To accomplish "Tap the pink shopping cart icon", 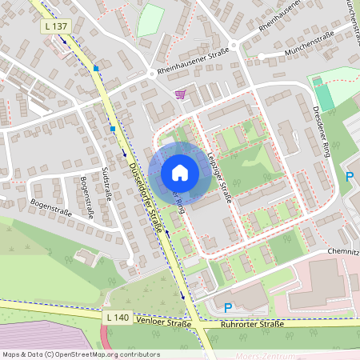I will pyautogui.click(x=181, y=94).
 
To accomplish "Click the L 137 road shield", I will pyautogui.click(x=55, y=26).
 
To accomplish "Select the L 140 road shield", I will pyautogui.click(x=118, y=318).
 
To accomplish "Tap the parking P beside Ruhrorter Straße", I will pyautogui.click(x=228, y=307).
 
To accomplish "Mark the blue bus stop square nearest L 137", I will pyautogui.click(x=96, y=69).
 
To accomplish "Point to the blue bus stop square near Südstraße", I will pyautogui.click(x=114, y=128).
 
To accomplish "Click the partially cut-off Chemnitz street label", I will pyautogui.click(x=342, y=250).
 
